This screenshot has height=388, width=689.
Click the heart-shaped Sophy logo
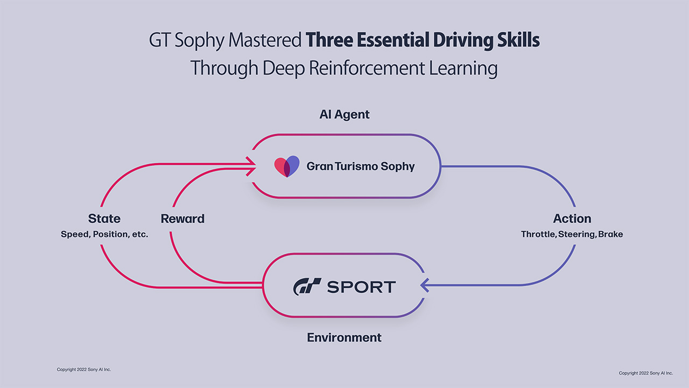(286, 167)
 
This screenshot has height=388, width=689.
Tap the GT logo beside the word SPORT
(307, 286)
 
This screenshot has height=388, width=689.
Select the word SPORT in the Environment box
(361, 287)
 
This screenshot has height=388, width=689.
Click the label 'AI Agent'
(344, 115)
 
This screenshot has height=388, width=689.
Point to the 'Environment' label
(344, 338)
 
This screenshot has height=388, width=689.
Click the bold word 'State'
(104, 219)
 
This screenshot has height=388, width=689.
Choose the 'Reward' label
(182, 219)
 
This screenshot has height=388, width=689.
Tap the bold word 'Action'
(572, 219)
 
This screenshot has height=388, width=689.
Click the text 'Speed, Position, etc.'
(104, 234)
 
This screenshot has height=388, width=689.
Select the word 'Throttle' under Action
(538, 234)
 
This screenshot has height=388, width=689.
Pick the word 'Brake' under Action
(611, 234)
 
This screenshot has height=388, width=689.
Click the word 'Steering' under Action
(577, 234)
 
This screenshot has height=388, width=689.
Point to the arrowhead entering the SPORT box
(425, 285)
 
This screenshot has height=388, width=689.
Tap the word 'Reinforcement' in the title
(367, 68)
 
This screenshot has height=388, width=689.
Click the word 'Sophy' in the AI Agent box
(397, 167)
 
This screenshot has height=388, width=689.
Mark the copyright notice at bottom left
(84, 370)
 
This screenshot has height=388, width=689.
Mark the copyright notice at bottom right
(645, 373)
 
